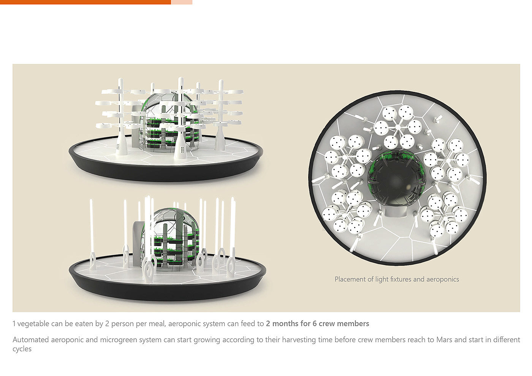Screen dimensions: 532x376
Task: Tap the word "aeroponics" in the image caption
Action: (443, 280)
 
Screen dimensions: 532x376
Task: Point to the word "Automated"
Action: (31, 340)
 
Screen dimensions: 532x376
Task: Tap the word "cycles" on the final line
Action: (22, 349)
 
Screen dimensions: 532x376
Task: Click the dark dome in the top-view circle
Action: (396, 177)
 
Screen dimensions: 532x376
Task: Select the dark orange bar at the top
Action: (85, 2)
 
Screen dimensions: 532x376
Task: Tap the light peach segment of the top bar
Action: (182, 2)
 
